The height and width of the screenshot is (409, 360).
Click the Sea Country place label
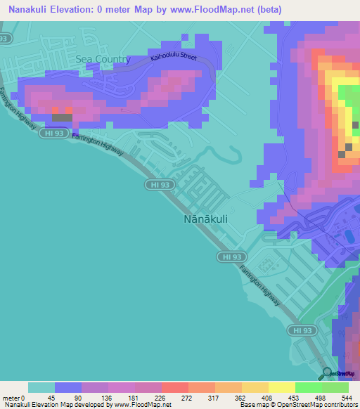pyautogui.click(x=103, y=60)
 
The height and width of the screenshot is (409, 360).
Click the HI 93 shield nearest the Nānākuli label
pyautogui.click(x=158, y=184)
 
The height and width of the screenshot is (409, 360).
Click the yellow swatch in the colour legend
pyautogui.click(x=281, y=387)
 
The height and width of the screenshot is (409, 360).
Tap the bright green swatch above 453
pyautogui.click(x=308, y=387)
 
